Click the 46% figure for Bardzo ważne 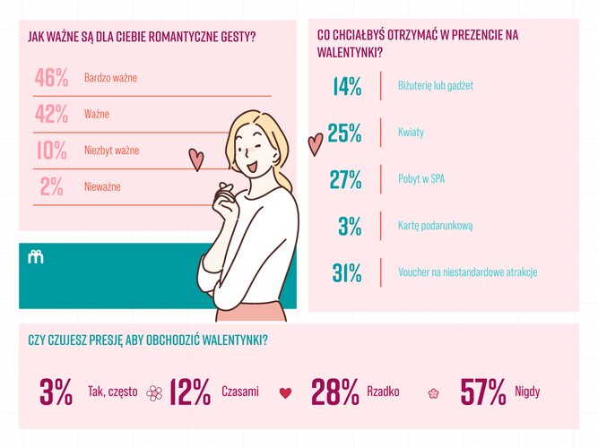point(51,78)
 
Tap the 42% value point(51,115)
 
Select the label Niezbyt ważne point(111,151)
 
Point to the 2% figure point(51,186)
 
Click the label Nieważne point(102,186)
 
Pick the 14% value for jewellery point(345,87)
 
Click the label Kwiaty point(411,133)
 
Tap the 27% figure point(345,179)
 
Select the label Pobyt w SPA point(421,179)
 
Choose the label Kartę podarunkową point(435,226)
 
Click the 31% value point(346,272)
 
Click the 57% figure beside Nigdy point(483,392)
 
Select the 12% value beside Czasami point(189,392)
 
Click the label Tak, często point(112,392)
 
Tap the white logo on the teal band point(36,258)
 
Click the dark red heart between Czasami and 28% point(286,392)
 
